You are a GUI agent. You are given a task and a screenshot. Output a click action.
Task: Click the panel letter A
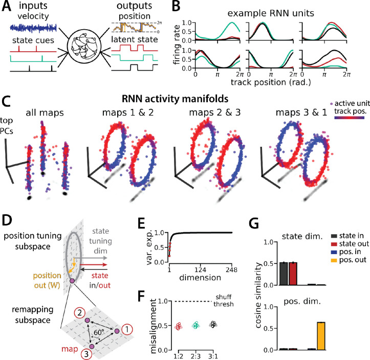click(7, 7)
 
